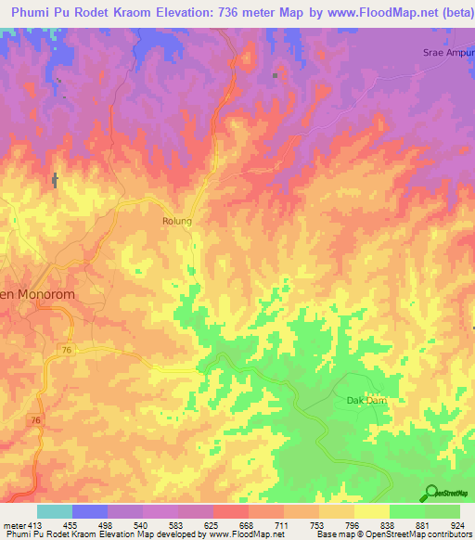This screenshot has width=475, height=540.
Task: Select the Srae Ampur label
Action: [x=448, y=52]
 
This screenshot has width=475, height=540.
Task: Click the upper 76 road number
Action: [x=67, y=349]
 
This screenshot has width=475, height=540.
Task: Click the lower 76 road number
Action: [x=35, y=421]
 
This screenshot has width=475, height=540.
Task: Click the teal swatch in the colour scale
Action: [x=55, y=511]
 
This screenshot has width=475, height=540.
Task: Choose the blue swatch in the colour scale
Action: [x=90, y=511]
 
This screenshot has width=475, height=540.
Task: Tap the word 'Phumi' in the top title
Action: [x=32, y=12]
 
